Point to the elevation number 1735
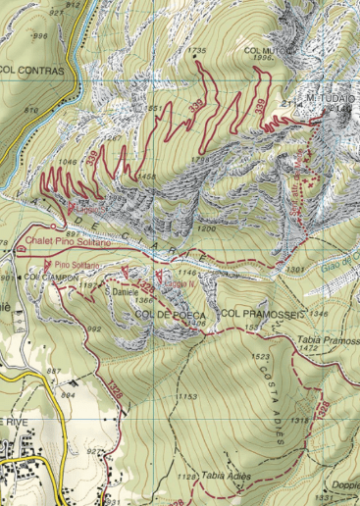197,50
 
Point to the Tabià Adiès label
227,475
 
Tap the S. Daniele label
121,292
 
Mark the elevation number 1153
186,396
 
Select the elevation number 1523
261,356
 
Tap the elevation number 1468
148,177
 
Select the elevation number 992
94,329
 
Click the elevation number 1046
67,160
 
